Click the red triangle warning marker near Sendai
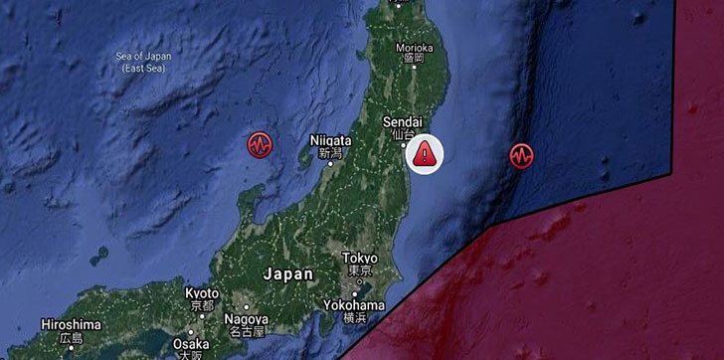click(x=425, y=153)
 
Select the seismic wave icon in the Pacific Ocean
click(x=521, y=155)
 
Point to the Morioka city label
click(x=413, y=47)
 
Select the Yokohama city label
click(x=356, y=304)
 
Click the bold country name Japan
click(x=288, y=273)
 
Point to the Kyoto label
click(x=203, y=293)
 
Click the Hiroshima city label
click(x=71, y=324)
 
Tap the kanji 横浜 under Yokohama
click(x=356, y=317)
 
